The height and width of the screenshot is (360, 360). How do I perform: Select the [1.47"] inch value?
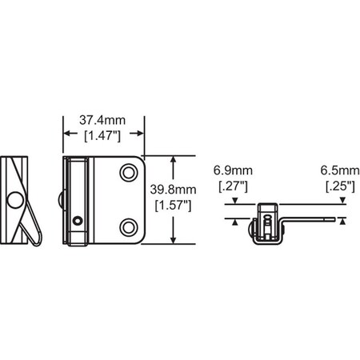103,136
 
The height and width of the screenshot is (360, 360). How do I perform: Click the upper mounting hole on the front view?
128,173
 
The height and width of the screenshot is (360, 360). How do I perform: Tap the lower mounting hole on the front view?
128,225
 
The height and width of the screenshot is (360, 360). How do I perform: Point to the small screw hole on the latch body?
76,221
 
